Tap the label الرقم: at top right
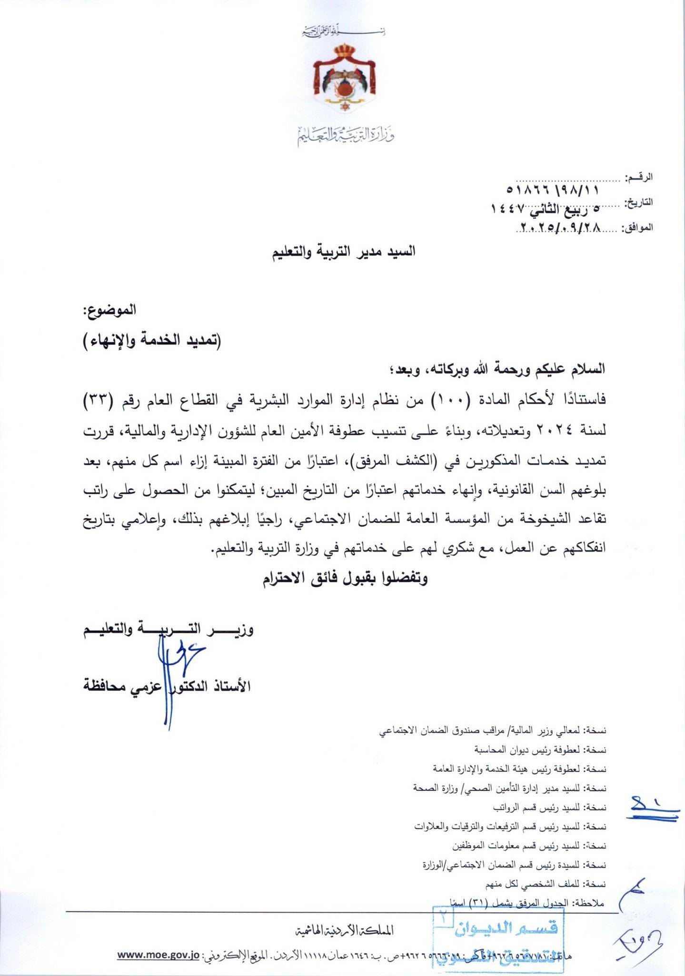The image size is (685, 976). [x=641, y=178]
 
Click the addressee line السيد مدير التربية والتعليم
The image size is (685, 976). [x=343, y=251]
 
